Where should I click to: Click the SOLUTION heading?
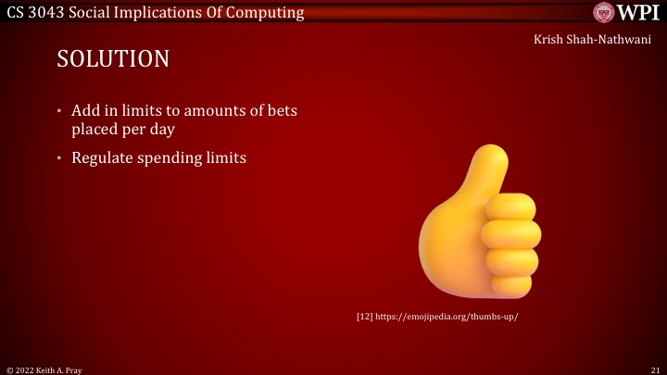click(113, 58)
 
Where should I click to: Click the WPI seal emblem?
click(604, 13)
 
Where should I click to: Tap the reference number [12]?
click(364, 317)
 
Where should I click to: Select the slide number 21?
click(655, 369)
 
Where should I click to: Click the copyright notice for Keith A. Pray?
click(46, 369)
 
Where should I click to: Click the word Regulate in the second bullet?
click(101, 157)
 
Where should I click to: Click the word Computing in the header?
click(261, 12)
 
